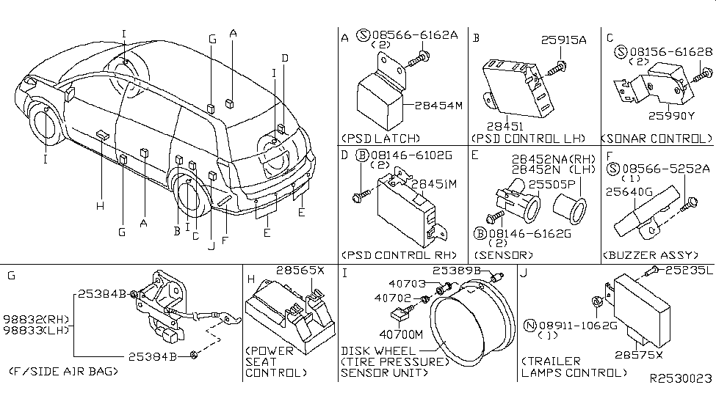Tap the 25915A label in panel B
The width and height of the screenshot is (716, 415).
[x=564, y=41]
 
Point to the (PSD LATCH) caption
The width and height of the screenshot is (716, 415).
[x=381, y=138]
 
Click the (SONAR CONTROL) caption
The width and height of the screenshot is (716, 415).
[x=657, y=138]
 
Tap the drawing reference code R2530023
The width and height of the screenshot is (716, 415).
[x=681, y=378]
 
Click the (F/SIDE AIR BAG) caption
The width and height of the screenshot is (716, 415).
[x=63, y=372]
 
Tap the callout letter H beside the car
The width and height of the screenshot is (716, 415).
[x=101, y=206]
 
